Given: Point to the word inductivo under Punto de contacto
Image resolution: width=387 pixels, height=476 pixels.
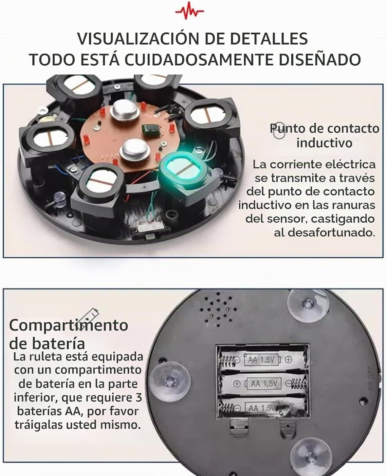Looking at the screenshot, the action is pos(324,143).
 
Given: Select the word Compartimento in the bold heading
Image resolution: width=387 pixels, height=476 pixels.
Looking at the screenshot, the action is pos(69,326).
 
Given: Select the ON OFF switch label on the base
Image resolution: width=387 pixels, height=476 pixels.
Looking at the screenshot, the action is pos(370,378).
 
